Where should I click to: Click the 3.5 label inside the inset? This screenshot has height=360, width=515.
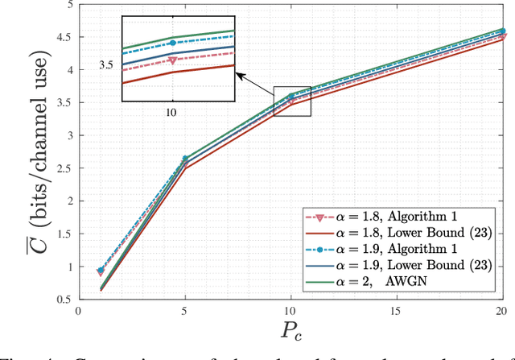coord(105,64)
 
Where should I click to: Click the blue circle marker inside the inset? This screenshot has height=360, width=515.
coord(172,43)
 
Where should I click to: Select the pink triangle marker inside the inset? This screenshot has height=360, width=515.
coord(172,60)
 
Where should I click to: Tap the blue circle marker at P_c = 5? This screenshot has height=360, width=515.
coord(184,159)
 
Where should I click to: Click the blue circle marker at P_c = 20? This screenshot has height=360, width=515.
coord(501,31)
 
